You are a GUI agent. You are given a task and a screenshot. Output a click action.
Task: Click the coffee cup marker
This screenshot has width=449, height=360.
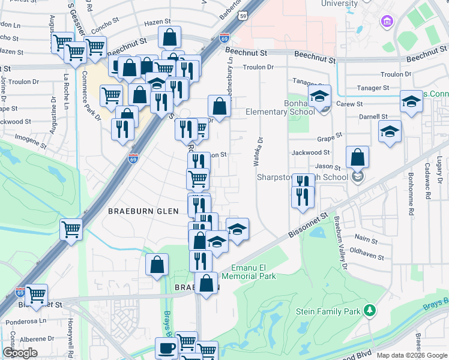(166, 348)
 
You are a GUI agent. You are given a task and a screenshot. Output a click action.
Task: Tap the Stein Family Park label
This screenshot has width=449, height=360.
(328, 311)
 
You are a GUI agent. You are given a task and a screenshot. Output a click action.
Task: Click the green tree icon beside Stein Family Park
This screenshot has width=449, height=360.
(370, 310)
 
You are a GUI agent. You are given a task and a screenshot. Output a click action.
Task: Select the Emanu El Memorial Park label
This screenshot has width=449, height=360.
(249, 272)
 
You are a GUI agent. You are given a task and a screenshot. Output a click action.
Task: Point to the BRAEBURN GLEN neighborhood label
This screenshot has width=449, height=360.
(143, 211)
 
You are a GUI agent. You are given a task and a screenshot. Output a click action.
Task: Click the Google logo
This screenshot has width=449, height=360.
(20, 353)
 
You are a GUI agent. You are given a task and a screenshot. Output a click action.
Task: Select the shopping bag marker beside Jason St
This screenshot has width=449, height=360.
(357, 158)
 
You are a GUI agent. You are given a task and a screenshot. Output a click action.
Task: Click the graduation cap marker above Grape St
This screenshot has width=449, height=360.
(390, 133)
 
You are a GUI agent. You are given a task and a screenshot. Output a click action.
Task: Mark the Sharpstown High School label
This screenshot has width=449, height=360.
(303, 177)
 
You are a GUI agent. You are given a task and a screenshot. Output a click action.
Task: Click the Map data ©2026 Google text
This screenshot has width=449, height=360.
(412, 355)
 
